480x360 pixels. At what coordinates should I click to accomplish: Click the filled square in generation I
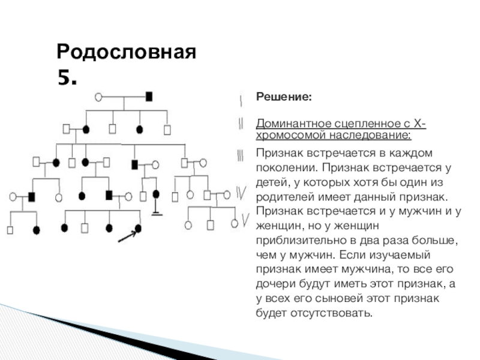click(x=149, y=96)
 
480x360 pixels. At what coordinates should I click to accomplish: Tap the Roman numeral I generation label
click(x=241, y=98)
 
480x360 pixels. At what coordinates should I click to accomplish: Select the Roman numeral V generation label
click(x=245, y=221)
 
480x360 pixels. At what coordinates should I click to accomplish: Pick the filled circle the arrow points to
click(x=139, y=228)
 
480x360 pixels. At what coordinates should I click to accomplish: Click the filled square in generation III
click(x=135, y=164)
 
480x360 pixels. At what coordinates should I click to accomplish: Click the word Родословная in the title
click(x=127, y=52)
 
